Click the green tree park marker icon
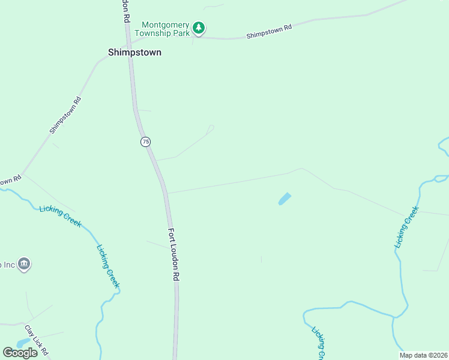pos(199,28)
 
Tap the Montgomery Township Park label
pos(165,29)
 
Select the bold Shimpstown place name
pos(134,52)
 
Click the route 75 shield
pos(145,142)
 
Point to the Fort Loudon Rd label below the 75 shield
pos(173,254)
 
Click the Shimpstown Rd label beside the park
pos(269,32)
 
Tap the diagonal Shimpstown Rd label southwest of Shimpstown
pos(65,116)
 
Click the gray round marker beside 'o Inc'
pos(24,263)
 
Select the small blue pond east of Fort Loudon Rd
pos(285,199)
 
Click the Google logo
pos(20,352)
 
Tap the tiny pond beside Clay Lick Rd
pos(23,343)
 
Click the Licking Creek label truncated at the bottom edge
pos(319,343)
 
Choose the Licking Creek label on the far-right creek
pos(406,227)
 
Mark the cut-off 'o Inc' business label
pos(7,264)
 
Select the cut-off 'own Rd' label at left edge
pos(10,179)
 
